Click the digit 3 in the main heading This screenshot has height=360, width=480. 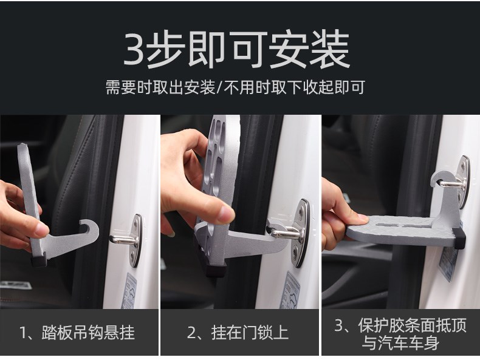click(134, 49)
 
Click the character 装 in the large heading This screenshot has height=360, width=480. click(330, 49)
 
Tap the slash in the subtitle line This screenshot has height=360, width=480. click(219, 87)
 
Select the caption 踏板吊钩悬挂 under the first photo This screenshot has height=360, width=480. click(88, 333)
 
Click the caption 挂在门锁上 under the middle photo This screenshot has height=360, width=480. click(250, 333)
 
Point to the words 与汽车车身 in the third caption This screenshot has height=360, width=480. click(400, 342)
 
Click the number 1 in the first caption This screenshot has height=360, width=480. click(23, 333)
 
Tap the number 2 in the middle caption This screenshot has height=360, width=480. click(191, 333)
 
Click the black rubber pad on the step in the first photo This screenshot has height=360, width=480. click(39, 260)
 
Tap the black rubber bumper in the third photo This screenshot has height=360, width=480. click(460, 237)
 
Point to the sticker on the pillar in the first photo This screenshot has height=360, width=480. click(130, 291)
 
